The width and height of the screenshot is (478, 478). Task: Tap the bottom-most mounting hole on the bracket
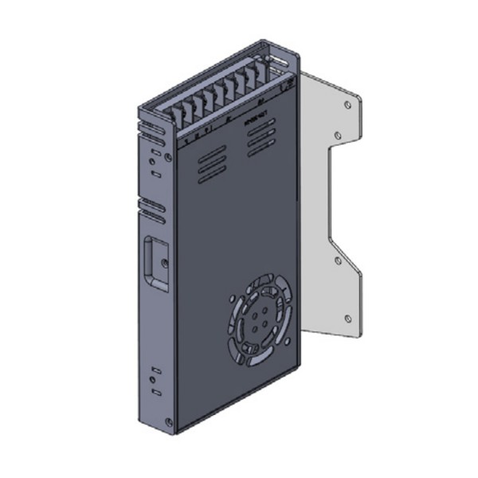pos(347,318)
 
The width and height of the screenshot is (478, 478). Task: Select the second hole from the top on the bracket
pos(337,136)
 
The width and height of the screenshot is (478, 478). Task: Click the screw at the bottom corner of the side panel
pos(167,421)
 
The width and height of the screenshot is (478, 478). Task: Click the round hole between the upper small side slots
pos(154,162)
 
